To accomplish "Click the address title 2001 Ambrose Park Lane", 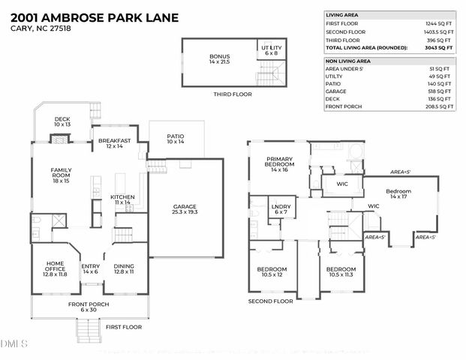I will pos(90,15).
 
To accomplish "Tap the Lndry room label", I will pos(281,208).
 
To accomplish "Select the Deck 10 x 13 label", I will pos(62,122).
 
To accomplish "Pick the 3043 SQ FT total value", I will pos(441,47).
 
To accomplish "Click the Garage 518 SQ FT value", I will pos(443,90).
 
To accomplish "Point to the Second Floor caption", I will pos(270,301).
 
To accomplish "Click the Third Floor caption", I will pos(232,94).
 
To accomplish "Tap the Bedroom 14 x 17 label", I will pos(398,193).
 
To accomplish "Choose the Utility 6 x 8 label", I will pos(271,50).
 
